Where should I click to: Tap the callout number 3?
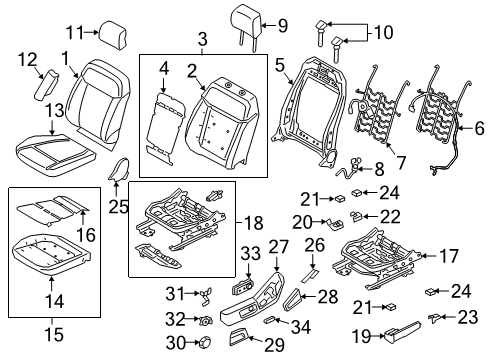click(x=202, y=39)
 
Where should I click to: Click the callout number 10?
click(x=384, y=33)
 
